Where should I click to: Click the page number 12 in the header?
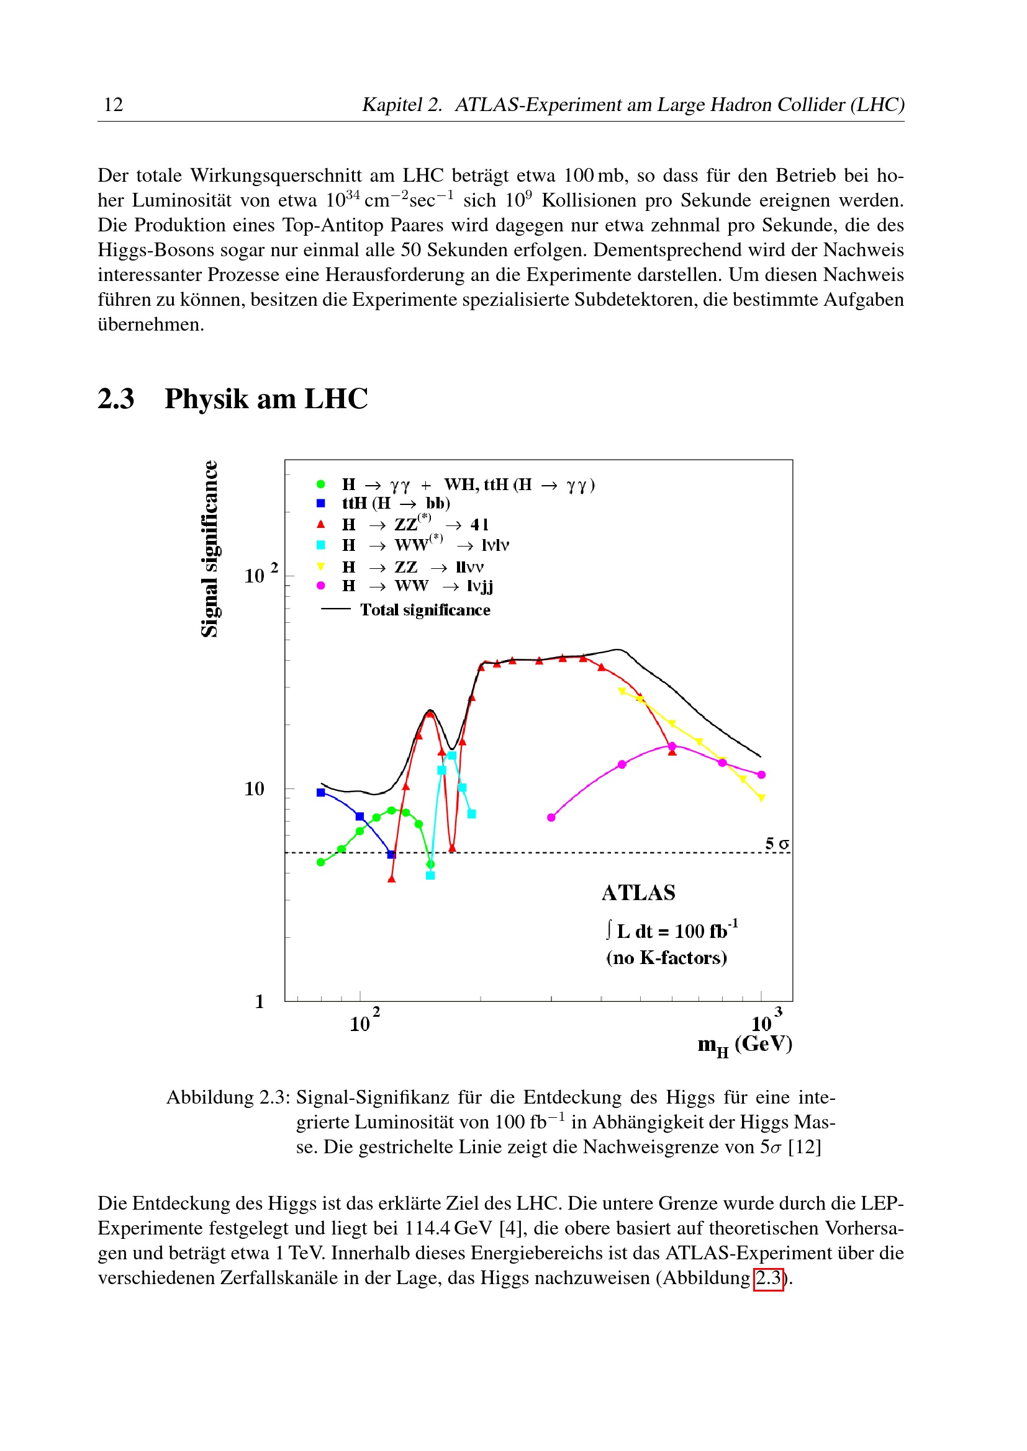click(x=113, y=104)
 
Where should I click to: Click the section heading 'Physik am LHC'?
click(x=266, y=399)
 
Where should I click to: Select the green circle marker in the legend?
click(x=320, y=484)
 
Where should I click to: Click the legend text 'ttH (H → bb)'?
click(x=396, y=503)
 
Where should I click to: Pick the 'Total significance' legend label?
click(x=425, y=610)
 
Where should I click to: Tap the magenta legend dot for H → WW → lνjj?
click(x=320, y=586)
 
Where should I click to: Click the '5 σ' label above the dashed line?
click(x=777, y=844)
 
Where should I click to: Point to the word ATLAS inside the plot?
click(x=638, y=892)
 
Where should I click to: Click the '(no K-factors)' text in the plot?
click(x=666, y=957)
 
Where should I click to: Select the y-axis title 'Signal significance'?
click(x=209, y=548)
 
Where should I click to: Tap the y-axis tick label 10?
click(x=254, y=788)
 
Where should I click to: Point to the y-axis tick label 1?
click(x=260, y=1002)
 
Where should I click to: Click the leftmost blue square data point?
click(x=320, y=792)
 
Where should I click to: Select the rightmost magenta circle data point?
click(x=761, y=775)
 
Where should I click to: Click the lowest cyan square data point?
click(x=430, y=876)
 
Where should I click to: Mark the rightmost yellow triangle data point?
click(x=761, y=798)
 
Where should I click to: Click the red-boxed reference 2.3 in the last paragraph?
click(x=768, y=1278)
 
